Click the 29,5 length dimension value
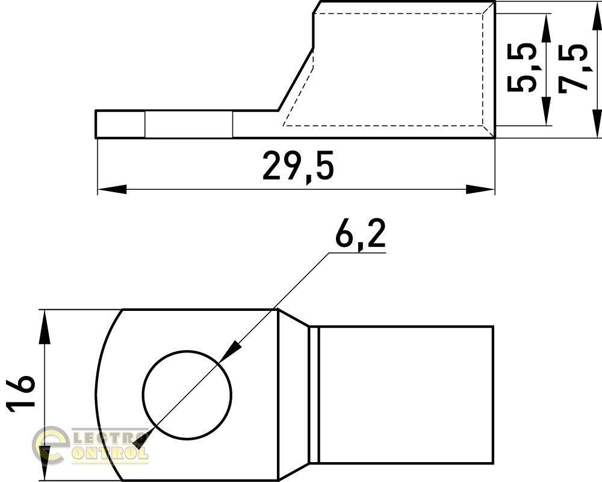coord(299,166)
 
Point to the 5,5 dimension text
coord(522,67)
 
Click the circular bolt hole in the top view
coord(187,395)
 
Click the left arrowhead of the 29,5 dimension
coord(112,189)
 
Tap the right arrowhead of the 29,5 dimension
coord(480,189)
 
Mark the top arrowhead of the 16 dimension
coord(45,327)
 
